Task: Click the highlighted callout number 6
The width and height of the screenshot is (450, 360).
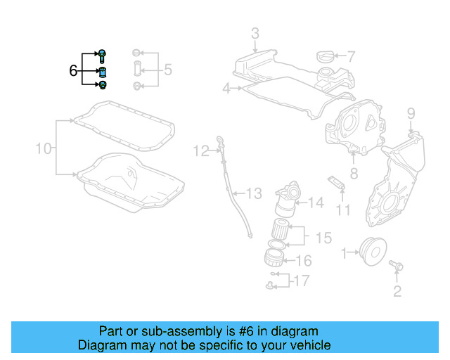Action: tap(72, 70)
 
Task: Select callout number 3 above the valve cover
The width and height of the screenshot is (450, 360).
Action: tap(255, 33)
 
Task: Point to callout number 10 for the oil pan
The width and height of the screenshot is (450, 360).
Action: tap(44, 148)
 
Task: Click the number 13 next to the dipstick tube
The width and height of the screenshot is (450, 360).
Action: tap(253, 193)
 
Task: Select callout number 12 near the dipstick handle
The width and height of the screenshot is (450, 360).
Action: tap(202, 150)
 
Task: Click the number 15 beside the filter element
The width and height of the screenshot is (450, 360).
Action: tap(323, 238)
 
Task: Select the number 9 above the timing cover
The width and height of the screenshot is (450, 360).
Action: tap(411, 112)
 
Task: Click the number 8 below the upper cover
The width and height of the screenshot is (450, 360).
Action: tap(354, 172)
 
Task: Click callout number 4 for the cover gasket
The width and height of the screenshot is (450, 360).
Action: tap(226, 89)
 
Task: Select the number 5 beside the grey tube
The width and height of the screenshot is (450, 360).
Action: tap(167, 70)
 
